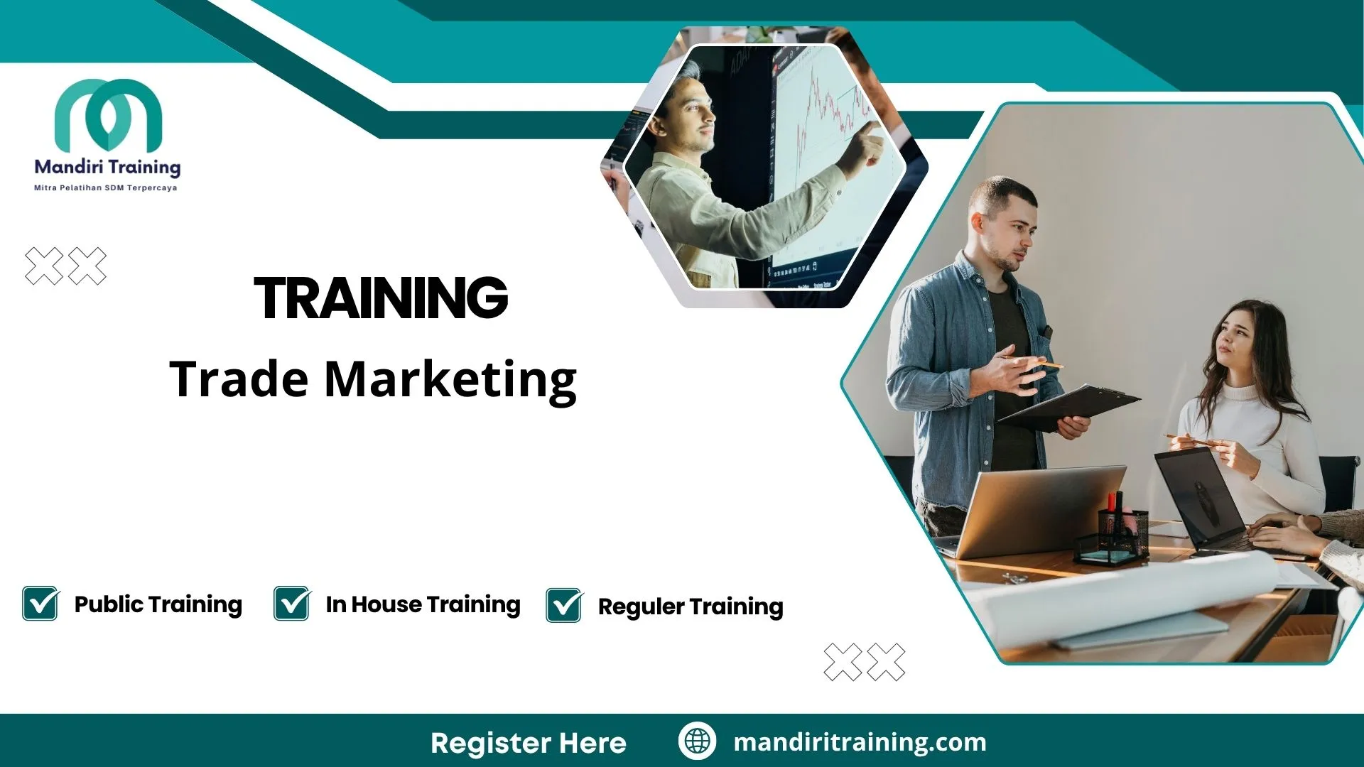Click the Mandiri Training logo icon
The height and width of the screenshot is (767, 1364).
pos(108,114)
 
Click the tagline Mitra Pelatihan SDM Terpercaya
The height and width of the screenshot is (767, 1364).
pos(106,188)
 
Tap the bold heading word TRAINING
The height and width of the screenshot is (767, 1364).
pos(381,298)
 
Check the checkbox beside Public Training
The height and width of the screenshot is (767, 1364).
pos(40,604)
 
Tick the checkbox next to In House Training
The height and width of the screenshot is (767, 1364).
pos(292,604)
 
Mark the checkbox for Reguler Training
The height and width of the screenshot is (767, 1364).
pos(564,606)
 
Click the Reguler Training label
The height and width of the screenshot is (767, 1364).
pos(690,606)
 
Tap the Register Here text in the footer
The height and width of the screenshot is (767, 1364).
pos(528,743)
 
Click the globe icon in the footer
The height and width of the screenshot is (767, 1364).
pos(697,741)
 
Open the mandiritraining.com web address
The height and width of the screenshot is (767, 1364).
pos(860,742)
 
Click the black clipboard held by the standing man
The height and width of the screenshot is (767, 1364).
pos(1066,408)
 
